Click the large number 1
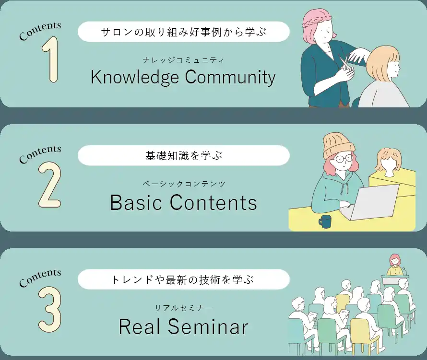coord(51,59)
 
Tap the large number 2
coord(49,185)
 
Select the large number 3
coord(50,309)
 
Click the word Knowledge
coord(135,77)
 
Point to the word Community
coord(230,77)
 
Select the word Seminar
coord(208,326)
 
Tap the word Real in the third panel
coord(139,326)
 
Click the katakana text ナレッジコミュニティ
coord(184,60)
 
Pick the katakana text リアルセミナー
coord(184,308)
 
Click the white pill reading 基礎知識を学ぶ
coord(184,156)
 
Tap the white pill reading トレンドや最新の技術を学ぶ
coord(184,279)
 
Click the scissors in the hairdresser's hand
coord(344,63)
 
